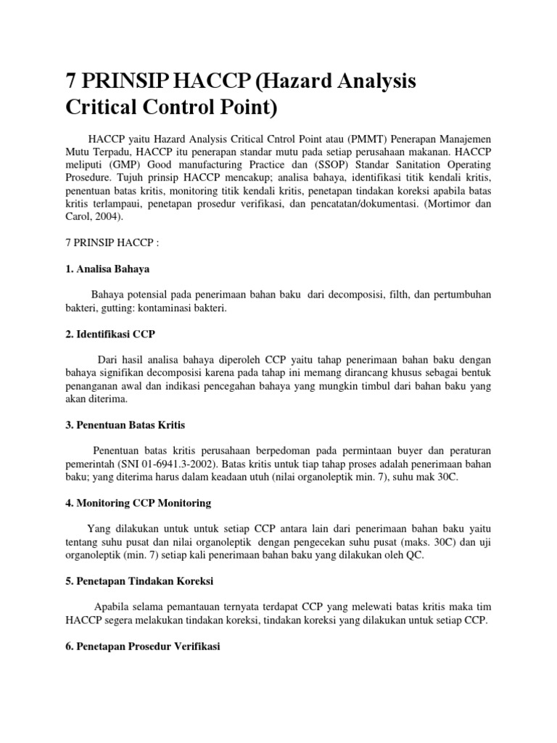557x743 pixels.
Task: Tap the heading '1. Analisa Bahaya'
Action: click(x=108, y=268)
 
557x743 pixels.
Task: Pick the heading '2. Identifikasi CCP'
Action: click(x=110, y=333)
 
